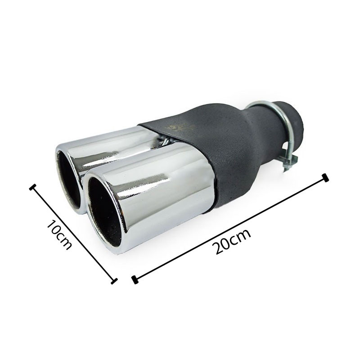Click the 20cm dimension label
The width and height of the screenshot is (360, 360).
point(231,241)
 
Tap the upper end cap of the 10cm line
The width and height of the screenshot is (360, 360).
point(33,187)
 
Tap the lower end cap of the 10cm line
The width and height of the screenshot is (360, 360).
point(114,281)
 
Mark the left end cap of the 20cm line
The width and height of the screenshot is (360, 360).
point(135,280)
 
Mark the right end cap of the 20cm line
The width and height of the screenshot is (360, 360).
point(325,178)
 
